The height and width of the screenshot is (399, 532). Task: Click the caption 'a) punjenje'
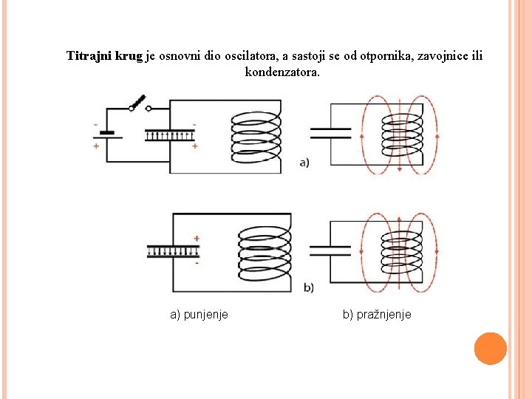coord(199,315)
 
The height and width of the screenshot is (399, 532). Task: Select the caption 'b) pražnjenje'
coord(377,315)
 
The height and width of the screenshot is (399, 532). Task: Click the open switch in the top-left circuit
coord(139,103)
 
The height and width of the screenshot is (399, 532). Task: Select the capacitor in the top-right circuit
coord(330,132)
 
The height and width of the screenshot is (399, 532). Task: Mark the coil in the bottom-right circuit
coord(400,250)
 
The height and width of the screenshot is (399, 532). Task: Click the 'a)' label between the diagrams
coord(305,163)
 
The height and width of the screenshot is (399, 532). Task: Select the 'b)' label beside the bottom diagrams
coord(308,287)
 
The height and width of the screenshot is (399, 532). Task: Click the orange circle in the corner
coord(490,348)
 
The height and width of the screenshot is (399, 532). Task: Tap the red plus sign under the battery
coord(96,146)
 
